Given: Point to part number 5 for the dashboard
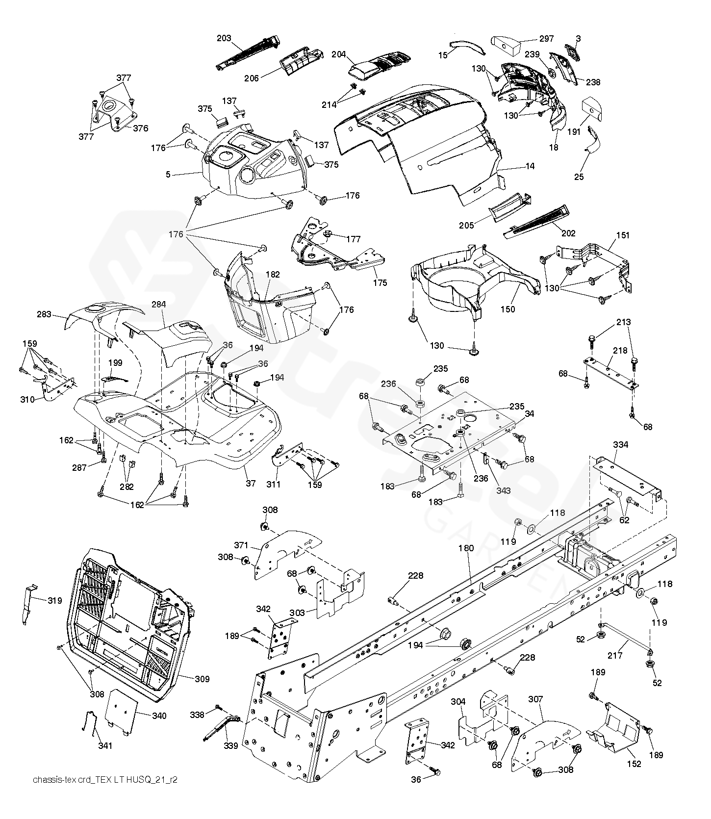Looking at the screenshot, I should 168,174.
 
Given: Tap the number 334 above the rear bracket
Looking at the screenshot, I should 620,445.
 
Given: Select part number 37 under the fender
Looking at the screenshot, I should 251,483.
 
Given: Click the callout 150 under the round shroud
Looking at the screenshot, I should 508,309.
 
